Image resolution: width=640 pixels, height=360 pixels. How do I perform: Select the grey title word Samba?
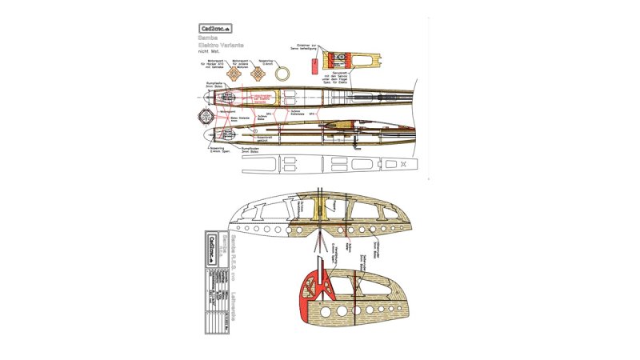click(x=209, y=37)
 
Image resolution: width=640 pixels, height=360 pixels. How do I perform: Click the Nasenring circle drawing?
click(x=283, y=74)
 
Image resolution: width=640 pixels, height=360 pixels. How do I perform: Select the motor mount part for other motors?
click(x=258, y=74)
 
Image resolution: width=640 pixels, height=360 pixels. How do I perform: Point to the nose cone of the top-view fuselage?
click(x=210, y=94)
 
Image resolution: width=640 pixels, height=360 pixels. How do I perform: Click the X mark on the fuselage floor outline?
click(x=404, y=165)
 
